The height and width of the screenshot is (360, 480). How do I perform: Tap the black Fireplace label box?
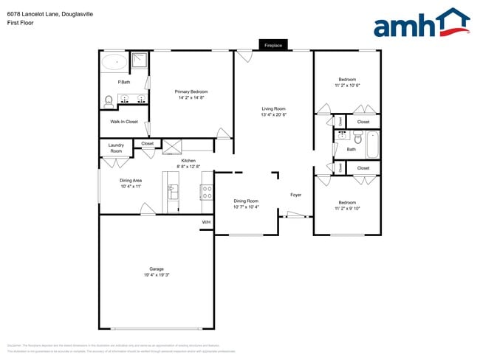point(273,45)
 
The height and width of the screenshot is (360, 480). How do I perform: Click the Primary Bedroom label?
point(191,91)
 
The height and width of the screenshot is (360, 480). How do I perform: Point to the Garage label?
point(157,269)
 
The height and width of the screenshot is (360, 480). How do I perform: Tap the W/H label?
point(206,222)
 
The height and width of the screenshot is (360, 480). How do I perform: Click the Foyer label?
point(295,195)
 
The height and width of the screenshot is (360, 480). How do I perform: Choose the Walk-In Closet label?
point(124,121)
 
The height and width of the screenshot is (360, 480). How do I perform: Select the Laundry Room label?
point(116,148)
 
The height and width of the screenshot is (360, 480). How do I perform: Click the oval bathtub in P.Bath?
point(114,62)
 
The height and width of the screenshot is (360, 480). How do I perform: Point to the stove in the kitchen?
point(207,193)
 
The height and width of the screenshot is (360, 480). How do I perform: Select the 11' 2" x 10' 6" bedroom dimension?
point(347,86)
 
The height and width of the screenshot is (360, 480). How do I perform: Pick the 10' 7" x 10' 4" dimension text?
point(247,207)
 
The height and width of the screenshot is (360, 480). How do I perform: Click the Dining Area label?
point(131,180)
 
